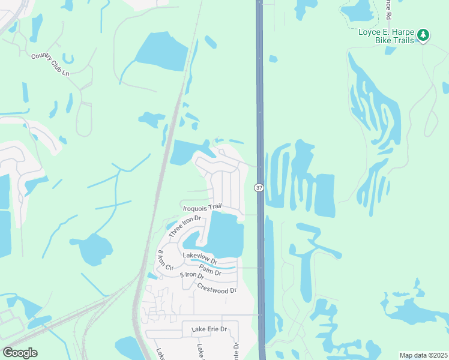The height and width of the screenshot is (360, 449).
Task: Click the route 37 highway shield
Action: [x=259, y=188]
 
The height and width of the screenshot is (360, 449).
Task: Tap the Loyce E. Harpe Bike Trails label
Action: [x=387, y=38]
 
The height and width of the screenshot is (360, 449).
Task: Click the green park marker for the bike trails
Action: [x=423, y=35]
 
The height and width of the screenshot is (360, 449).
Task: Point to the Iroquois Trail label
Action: [x=202, y=207]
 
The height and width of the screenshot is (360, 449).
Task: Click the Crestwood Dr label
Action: [x=217, y=287]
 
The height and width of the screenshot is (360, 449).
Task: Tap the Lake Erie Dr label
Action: [x=209, y=329]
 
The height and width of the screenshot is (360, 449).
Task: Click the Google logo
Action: [x=20, y=353]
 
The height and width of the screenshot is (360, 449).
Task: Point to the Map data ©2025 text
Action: [x=423, y=355]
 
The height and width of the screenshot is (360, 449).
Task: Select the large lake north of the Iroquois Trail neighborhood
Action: [x=187, y=152]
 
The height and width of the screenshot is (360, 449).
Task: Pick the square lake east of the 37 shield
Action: [x=325, y=195]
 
